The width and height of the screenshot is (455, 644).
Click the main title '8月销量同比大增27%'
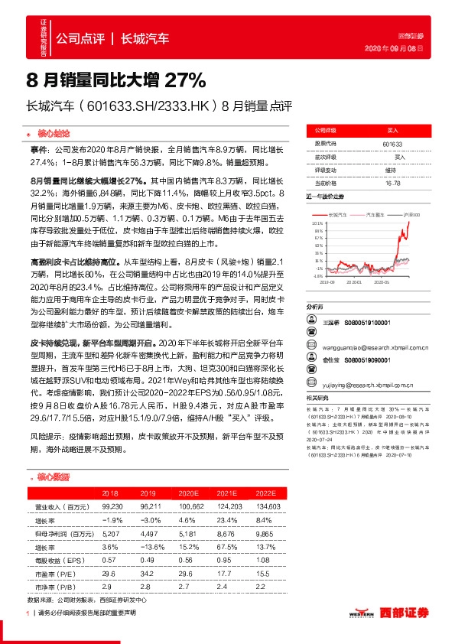click(x=115, y=79)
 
